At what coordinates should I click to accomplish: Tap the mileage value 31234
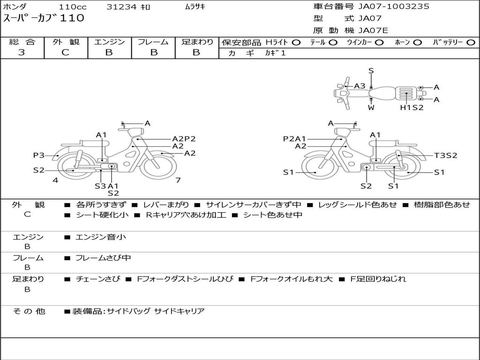[121, 7]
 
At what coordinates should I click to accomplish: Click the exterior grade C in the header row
[65, 52]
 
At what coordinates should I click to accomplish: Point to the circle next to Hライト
[296, 43]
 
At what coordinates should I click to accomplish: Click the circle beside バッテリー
[471, 43]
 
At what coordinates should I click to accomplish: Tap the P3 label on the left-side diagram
[39, 155]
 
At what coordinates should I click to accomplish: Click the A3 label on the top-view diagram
[360, 86]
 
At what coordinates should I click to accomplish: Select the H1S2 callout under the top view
[412, 107]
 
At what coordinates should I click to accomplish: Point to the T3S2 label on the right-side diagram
[446, 156]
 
